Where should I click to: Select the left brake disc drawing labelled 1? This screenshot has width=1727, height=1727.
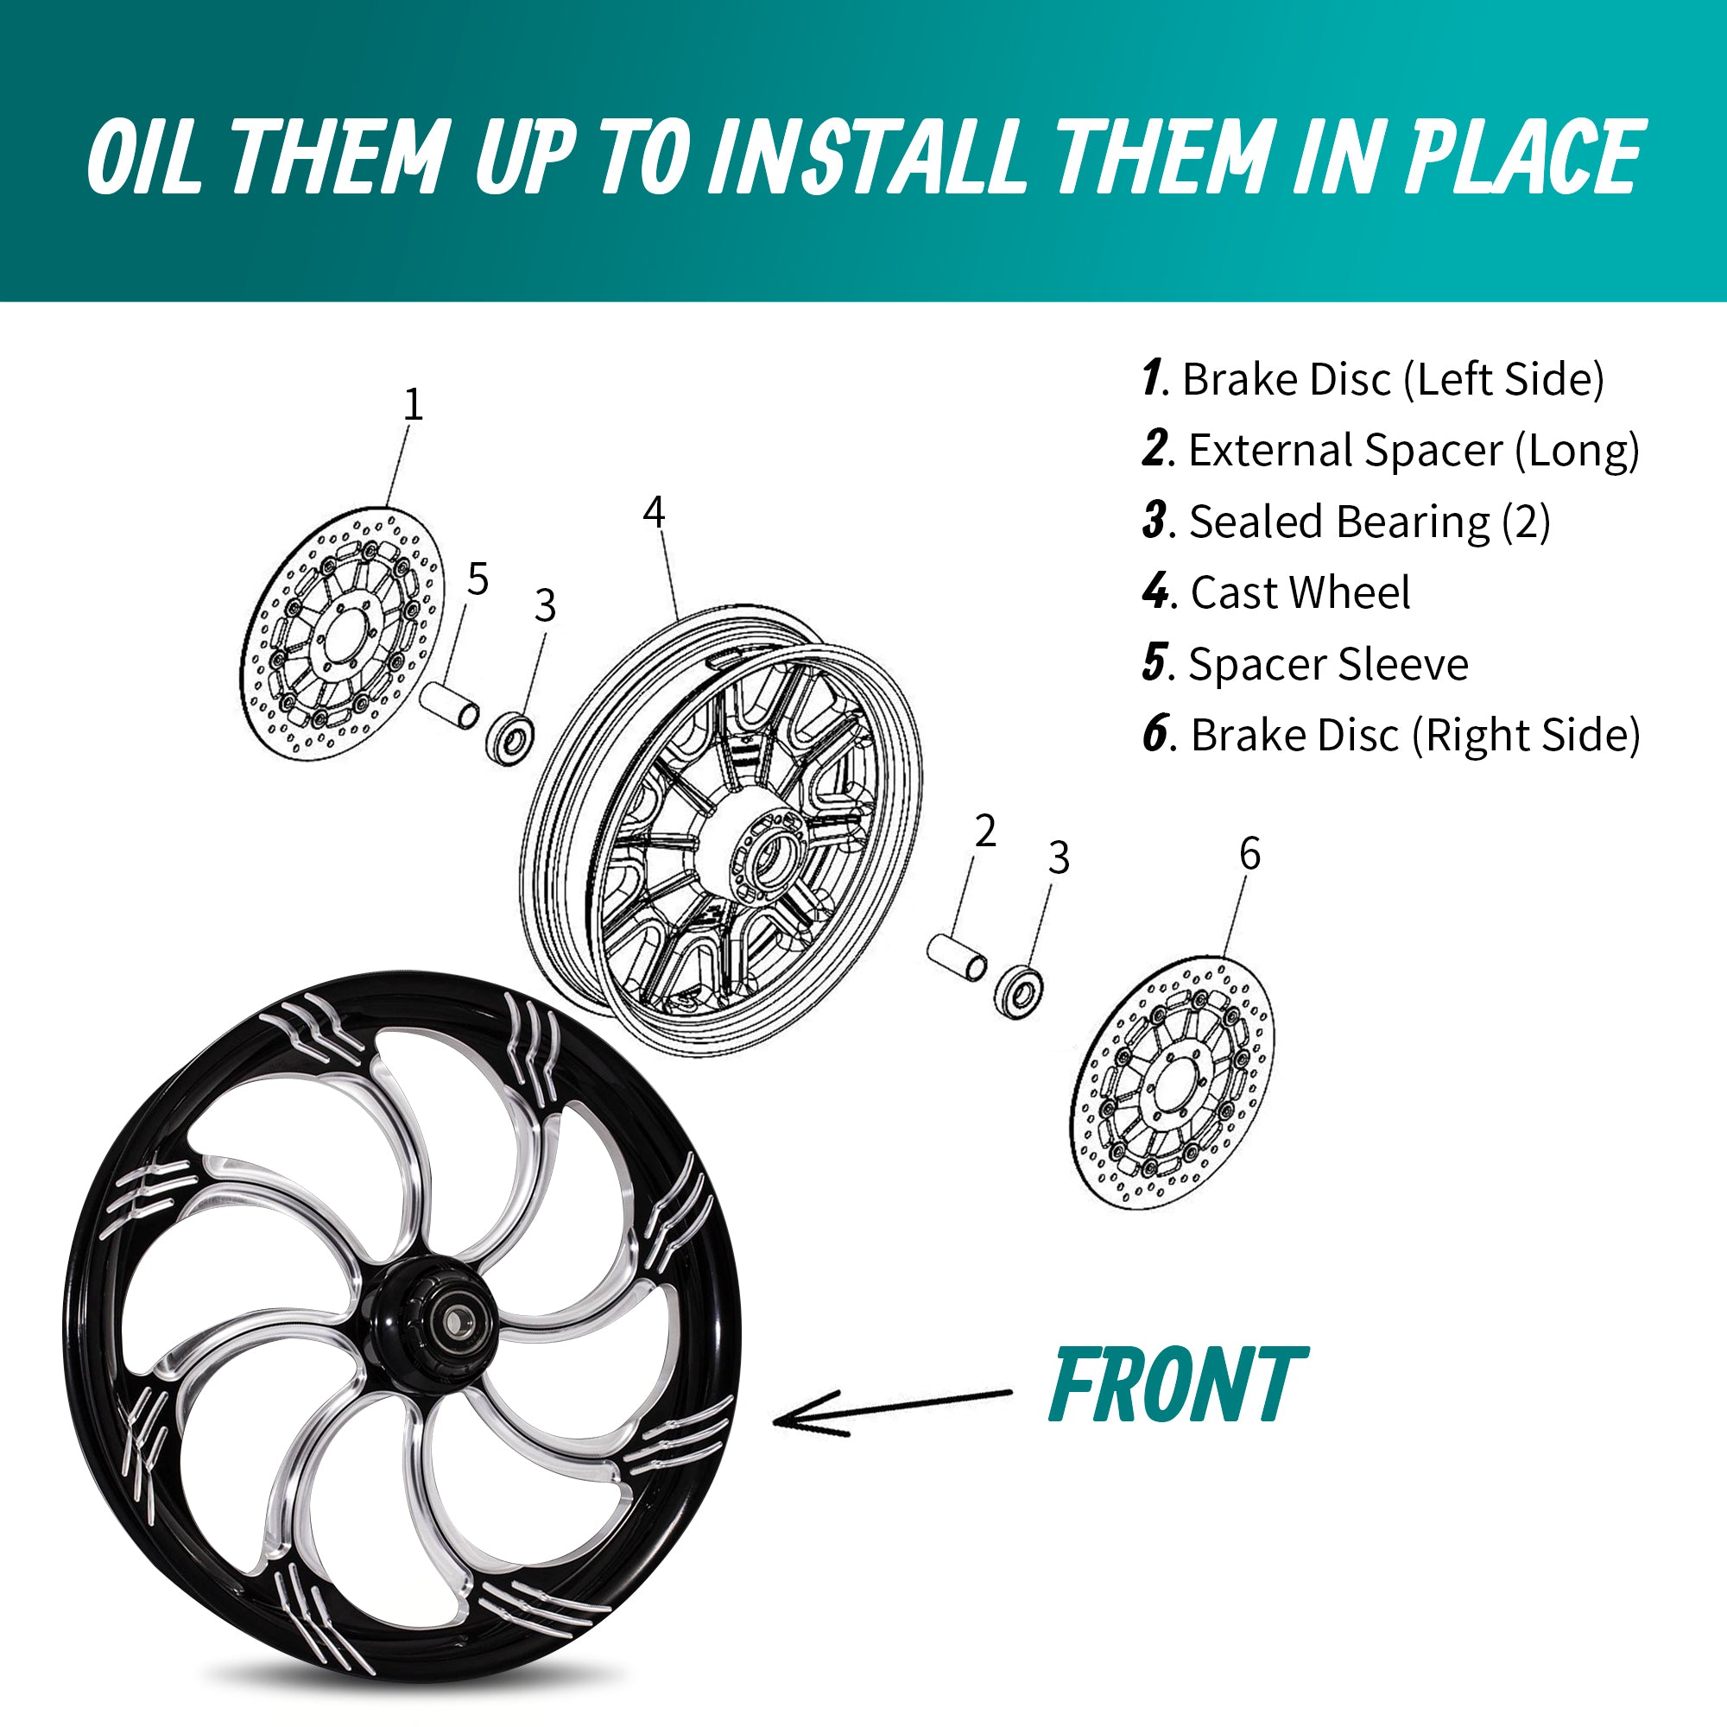click(342, 636)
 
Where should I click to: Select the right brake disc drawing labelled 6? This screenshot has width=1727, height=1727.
click(1172, 1083)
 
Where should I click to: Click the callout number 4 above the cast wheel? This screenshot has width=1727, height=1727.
click(655, 512)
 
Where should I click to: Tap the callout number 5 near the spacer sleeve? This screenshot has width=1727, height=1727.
click(478, 579)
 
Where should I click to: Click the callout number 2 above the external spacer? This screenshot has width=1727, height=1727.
click(985, 832)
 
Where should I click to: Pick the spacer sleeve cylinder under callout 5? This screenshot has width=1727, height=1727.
click(450, 705)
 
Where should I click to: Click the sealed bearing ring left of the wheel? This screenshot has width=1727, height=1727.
click(511, 737)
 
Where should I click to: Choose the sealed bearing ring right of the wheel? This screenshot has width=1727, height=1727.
click(1018, 991)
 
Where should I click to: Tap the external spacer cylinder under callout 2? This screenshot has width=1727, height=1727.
click(957, 956)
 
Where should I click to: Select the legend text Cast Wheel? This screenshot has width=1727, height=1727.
click(1300, 592)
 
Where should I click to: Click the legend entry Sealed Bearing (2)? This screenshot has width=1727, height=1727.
click(1369, 522)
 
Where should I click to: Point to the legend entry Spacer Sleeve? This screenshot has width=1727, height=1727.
click(1327, 664)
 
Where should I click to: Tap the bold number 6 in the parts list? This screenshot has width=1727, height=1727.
click(1154, 735)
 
